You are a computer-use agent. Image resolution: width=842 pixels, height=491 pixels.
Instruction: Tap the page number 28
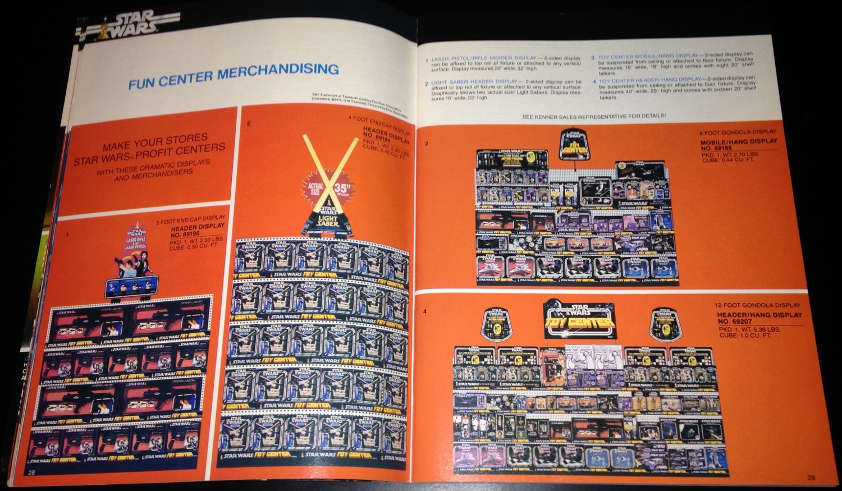[x=31, y=472]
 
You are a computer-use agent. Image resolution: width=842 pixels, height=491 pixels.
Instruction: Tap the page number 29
[x=811, y=477]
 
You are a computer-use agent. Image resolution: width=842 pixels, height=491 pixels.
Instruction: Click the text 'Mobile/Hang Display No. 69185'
[x=738, y=144]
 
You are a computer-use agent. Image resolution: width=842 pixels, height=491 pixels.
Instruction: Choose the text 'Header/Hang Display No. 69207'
[x=759, y=318]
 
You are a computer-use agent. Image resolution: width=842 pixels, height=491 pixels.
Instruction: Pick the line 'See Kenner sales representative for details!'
[x=594, y=116]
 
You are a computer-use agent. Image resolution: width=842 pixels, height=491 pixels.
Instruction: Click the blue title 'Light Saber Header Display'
[x=475, y=82]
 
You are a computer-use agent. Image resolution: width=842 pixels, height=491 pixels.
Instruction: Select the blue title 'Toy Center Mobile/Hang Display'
[x=647, y=57]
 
